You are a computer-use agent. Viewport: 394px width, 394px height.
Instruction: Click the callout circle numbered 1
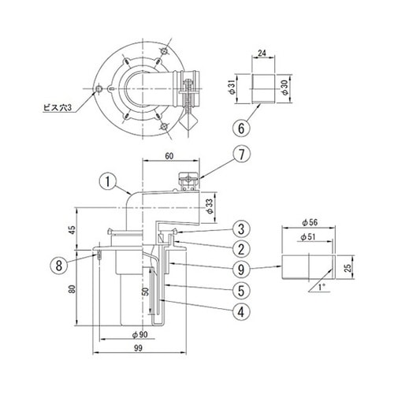(108, 182)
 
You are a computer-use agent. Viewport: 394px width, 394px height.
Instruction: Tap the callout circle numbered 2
(241, 249)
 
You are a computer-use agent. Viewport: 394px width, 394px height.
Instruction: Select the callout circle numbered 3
(241, 229)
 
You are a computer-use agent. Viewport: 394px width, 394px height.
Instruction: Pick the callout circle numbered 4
(241, 311)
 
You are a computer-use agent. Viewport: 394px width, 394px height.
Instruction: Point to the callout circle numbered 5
(241, 290)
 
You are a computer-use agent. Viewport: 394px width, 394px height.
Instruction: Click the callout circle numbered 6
(241, 128)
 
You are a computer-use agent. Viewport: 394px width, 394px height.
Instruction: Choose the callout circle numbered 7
(241, 154)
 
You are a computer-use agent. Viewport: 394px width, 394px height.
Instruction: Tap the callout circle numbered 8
(59, 265)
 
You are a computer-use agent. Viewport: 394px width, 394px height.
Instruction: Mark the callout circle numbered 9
(241, 269)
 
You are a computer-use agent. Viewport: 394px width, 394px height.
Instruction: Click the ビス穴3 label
(58, 108)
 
